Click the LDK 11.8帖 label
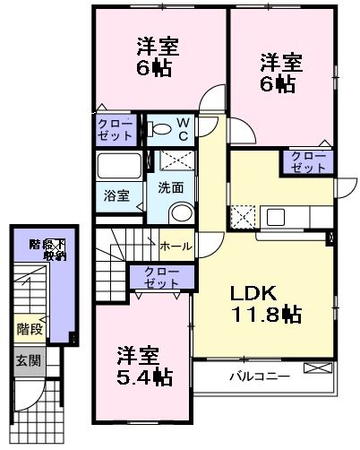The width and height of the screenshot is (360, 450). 267,305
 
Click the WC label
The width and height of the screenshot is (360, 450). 181,128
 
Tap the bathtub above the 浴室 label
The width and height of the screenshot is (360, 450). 119,168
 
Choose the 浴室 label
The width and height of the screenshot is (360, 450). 117,193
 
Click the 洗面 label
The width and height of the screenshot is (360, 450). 171,188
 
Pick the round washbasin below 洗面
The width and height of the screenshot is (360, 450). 180,213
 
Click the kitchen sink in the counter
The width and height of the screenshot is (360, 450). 275,216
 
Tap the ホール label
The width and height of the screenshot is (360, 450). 175,245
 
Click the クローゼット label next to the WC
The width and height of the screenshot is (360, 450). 116,128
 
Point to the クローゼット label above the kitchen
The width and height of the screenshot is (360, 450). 310,162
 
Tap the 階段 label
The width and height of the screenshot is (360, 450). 29,329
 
